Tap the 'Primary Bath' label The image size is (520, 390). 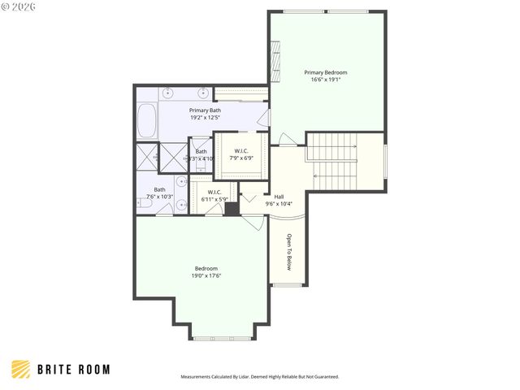tap(205, 110)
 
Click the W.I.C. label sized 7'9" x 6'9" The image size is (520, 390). tap(241, 151)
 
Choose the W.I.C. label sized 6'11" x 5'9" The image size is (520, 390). tap(214, 193)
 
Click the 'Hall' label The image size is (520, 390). tap(279, 197)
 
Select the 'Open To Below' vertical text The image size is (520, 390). tap(288, 252)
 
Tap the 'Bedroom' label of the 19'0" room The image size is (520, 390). tap(206, 269)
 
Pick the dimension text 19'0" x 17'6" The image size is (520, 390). tap(206, 276)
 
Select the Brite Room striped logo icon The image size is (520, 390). tap(22, 369)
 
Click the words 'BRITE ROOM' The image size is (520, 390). tap(73, 369)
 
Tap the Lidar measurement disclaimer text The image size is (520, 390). tap(259, 377)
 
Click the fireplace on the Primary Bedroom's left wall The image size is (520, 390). tap(275, 63)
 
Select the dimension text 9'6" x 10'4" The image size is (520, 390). tap(279, 204)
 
